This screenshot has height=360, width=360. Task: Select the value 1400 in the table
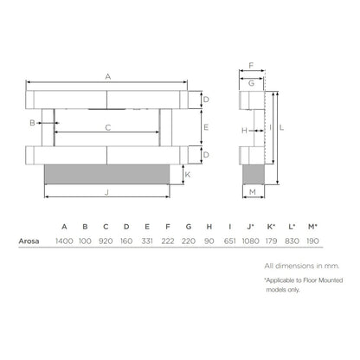64,242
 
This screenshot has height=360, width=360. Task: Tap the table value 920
106,242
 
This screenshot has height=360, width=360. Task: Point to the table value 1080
250,242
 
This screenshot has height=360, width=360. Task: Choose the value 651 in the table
229,242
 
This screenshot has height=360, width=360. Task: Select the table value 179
271,242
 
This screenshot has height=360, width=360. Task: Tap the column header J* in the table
250,227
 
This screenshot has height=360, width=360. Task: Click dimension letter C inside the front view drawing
107,127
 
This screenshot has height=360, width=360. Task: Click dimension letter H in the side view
245,130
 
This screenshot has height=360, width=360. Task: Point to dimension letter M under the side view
252,191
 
